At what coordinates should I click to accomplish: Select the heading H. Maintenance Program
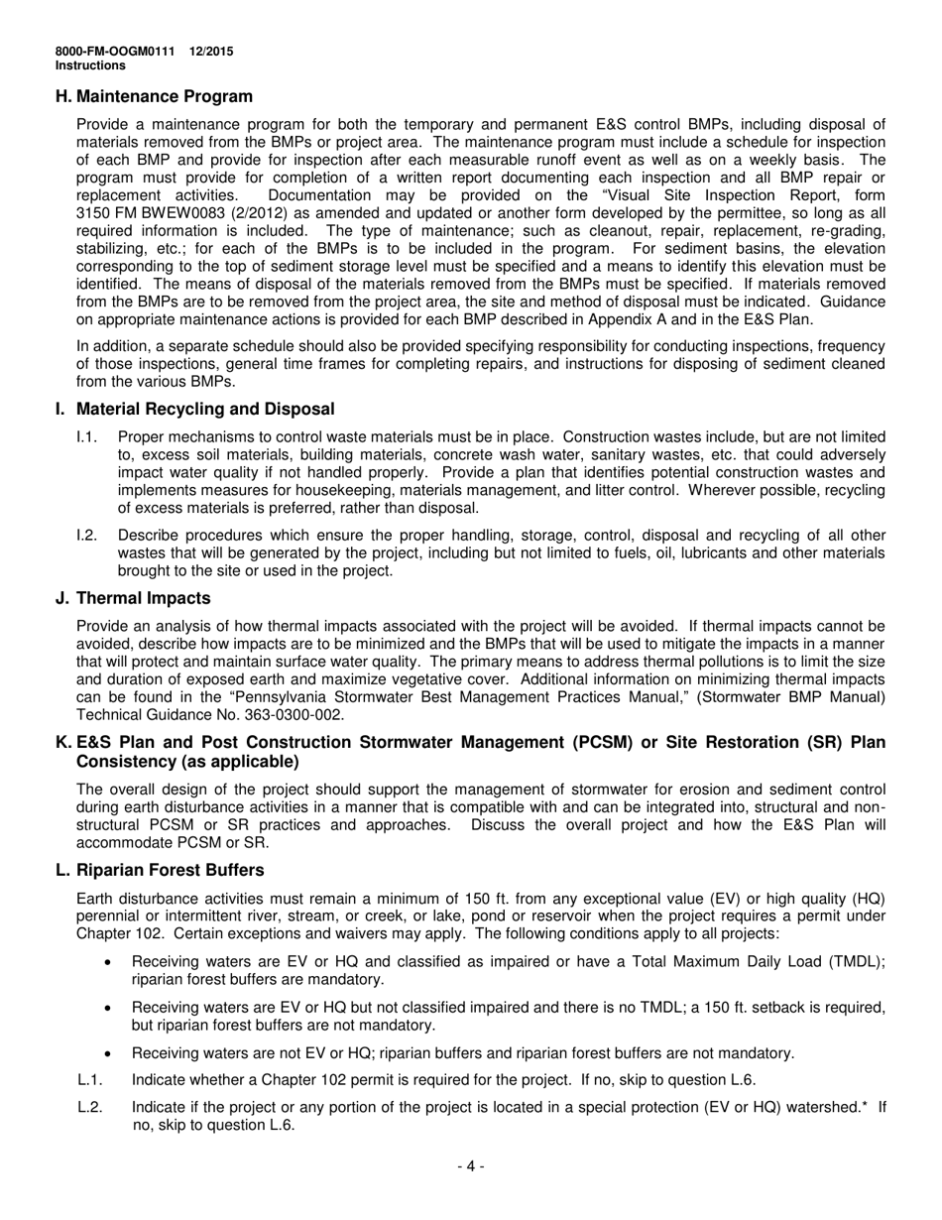(x=154, y=96)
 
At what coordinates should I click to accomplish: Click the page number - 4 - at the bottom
(x=470, y=1166)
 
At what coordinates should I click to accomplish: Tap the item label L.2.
(x=89, y=1107)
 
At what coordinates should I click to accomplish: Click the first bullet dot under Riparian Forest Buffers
(x=108, y=962)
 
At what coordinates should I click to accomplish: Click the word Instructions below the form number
(x=90, y=65)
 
